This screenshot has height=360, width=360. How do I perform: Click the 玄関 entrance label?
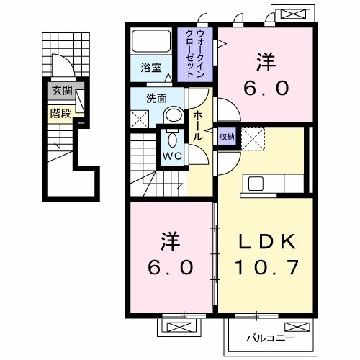pos(62,91)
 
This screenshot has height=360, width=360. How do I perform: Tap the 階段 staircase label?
pos(60,113)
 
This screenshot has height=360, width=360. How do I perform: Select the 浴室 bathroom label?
pos(151,68)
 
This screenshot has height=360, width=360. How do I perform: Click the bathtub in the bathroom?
pos(151,41)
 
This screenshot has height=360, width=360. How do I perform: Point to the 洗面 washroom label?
pos(156,99)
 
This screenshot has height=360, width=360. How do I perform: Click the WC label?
pos(172,156)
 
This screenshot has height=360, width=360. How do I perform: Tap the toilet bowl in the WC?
pos(172,140)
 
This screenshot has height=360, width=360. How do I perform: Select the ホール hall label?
pos(199,126)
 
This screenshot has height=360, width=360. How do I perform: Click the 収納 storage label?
pos(227,137)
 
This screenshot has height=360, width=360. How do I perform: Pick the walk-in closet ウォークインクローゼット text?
pos(195,53)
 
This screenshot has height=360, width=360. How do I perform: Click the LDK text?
pos(266,241)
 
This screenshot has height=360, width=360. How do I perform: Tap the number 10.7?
pos(266,267)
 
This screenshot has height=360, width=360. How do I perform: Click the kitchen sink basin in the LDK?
pos(256,184)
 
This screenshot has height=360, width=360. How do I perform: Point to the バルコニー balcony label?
pos(271,338)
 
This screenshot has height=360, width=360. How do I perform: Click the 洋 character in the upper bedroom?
pos(266,62)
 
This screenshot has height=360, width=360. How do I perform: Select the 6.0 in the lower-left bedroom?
pos(170,267)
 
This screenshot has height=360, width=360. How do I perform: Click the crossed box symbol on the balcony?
pos(297,327)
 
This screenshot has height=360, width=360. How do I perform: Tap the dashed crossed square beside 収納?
pos(253,140)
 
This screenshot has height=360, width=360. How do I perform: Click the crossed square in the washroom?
pos(140,120)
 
